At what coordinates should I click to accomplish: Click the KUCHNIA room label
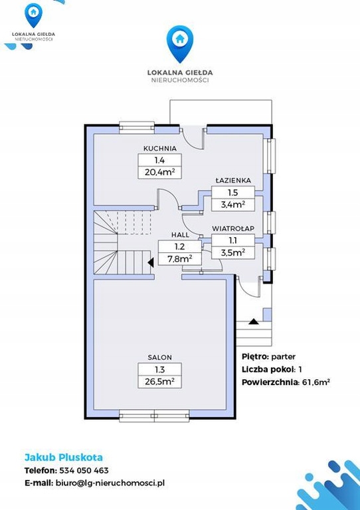pyautogui.click(x=160, y=149)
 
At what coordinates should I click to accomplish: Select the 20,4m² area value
pyautogui.click(x=159, y=172)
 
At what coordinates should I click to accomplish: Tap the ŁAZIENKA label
pyautogui.click(x=233, y=180)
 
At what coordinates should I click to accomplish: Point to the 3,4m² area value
pyautogui.click(x=232, y=205)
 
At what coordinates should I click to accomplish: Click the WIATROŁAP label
pyautogui.click(x=233, y=228)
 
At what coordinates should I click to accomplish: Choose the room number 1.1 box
pyautogui.click(x=233, y=240)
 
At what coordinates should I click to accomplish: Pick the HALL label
pyautogui.click(x=180, y=234)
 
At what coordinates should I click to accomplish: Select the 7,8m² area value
pyautogui.click(x=179, y=258)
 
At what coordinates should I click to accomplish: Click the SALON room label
pyautogui.click(x=159, y=357)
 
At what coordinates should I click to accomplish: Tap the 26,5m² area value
pyautogui.click(x=159, y=382)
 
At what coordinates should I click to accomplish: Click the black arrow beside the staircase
pyautogui.click(x=151, y=262)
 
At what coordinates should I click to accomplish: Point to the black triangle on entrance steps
pyautogui.click(x=254, y=321)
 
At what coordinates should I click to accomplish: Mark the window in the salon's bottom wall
pyautogui.click(x=154, y=416)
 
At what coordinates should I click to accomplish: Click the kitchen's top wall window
pyautogui.click(x=137, y=127)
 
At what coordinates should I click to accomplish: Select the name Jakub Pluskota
pyautogui.click(x=64, y=458)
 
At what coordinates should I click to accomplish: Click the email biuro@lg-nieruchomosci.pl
pyautogui.click(x=110, y=483)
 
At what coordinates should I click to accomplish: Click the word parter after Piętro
pyautogui.click(x=283, y=357)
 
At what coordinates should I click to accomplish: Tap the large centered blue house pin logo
pyautogui.click(x=180, y=44)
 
